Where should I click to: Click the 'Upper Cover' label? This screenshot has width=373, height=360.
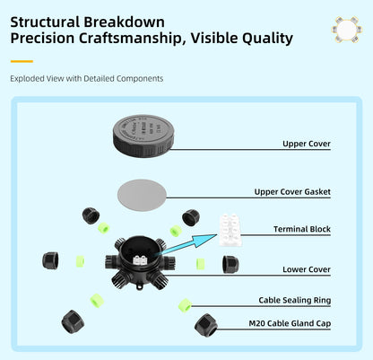tap(307, 144)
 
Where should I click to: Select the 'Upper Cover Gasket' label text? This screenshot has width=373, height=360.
tap(292, 192)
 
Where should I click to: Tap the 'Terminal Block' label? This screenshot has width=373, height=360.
tap(302, 230)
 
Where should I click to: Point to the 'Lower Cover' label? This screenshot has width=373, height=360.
tap(307, 269)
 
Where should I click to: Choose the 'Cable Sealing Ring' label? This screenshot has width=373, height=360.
tap(294, 302)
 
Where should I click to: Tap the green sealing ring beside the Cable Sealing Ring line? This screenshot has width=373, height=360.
tap(184, 306)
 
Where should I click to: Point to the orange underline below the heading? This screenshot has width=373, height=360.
tap(22, 61)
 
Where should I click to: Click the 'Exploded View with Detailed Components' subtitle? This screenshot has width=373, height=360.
tap(87, 79)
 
